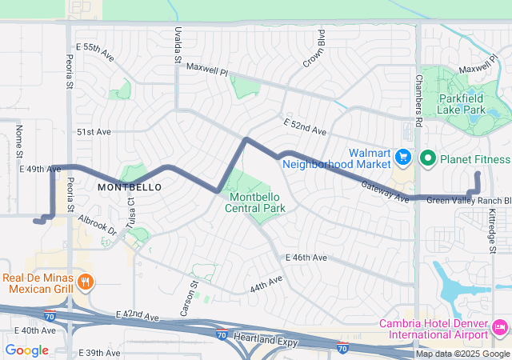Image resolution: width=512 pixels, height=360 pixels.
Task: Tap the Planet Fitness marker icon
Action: [426, 158]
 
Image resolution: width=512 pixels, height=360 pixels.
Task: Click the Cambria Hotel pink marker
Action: [500, 326]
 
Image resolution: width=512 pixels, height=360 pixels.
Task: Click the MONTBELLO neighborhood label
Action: [130, 186]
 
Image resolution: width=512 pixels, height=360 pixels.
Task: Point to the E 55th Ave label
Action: [95, 50]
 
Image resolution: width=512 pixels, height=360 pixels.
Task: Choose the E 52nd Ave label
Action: [305, 126]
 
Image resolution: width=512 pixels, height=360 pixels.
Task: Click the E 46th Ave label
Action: [306, 258]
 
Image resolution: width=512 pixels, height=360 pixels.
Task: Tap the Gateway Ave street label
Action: [385, 190]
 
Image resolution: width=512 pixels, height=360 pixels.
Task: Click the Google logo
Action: [26, 350]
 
